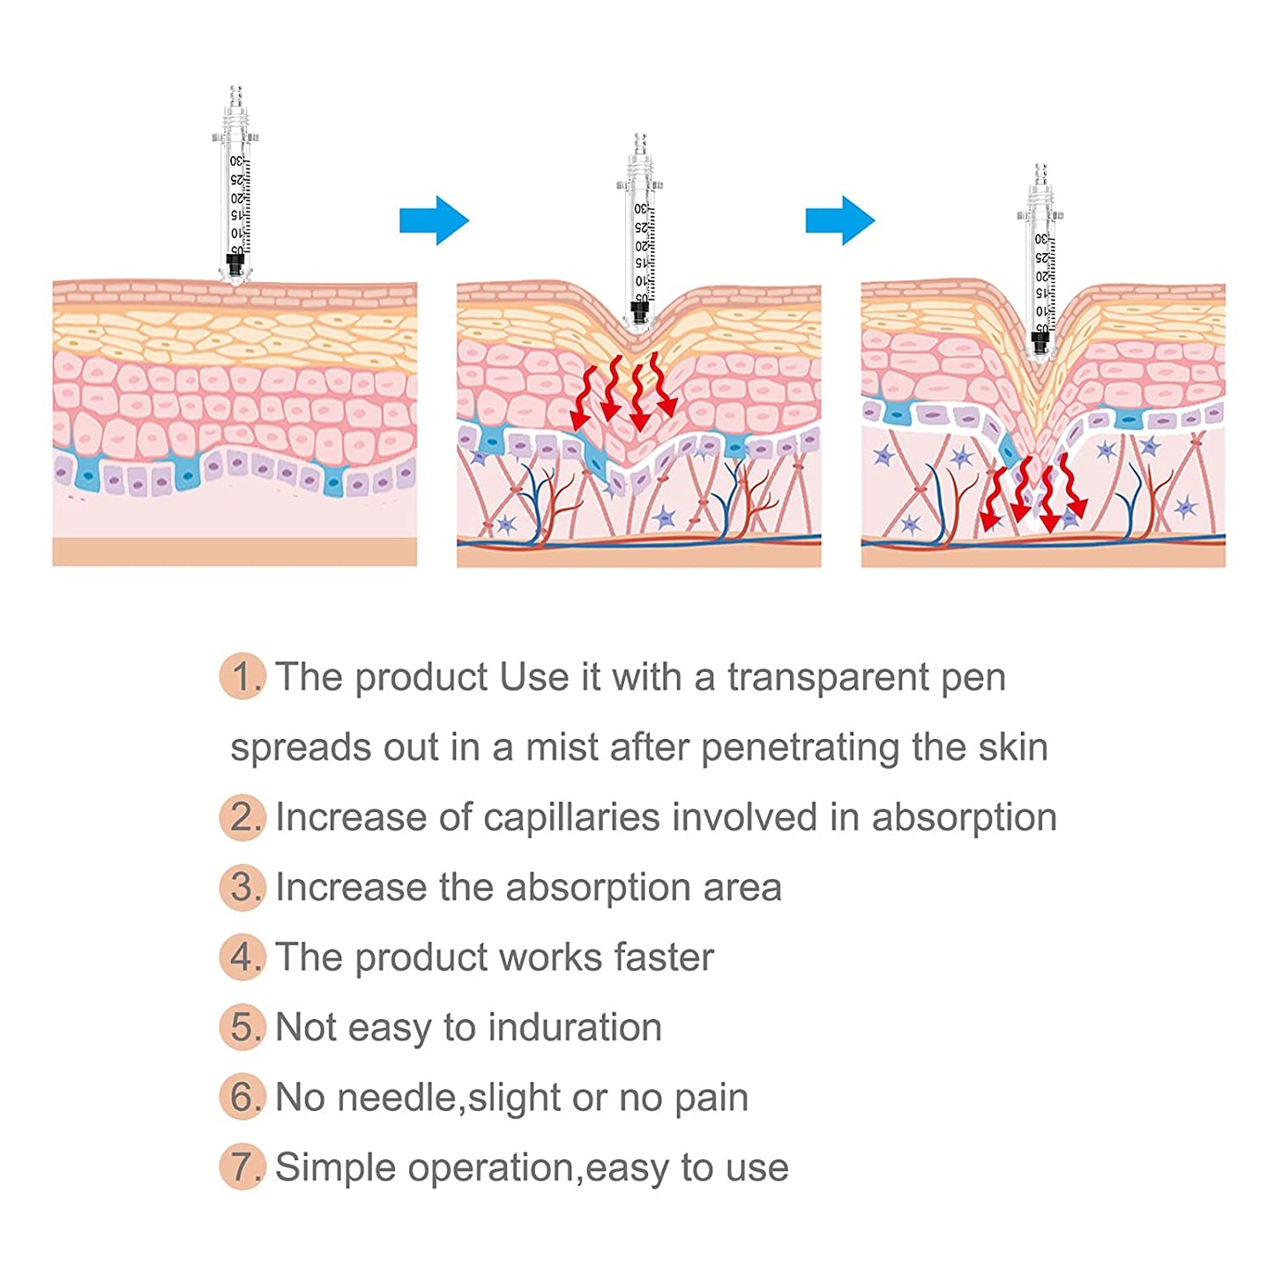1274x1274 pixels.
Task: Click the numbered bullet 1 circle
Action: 242,677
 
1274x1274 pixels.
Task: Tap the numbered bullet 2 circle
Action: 242,817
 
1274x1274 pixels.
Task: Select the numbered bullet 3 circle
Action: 242,887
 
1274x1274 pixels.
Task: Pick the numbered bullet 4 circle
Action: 242,957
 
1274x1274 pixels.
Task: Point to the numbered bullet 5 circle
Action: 242,1027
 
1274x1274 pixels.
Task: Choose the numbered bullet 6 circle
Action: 242,1097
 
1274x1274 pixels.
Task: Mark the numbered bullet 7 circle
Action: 242,1166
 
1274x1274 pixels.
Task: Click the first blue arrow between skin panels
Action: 434,220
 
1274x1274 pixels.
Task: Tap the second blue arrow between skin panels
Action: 839,220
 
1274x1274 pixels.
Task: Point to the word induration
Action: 574,1028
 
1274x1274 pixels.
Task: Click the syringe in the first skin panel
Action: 235,185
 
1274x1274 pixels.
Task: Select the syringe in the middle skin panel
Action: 640,234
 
